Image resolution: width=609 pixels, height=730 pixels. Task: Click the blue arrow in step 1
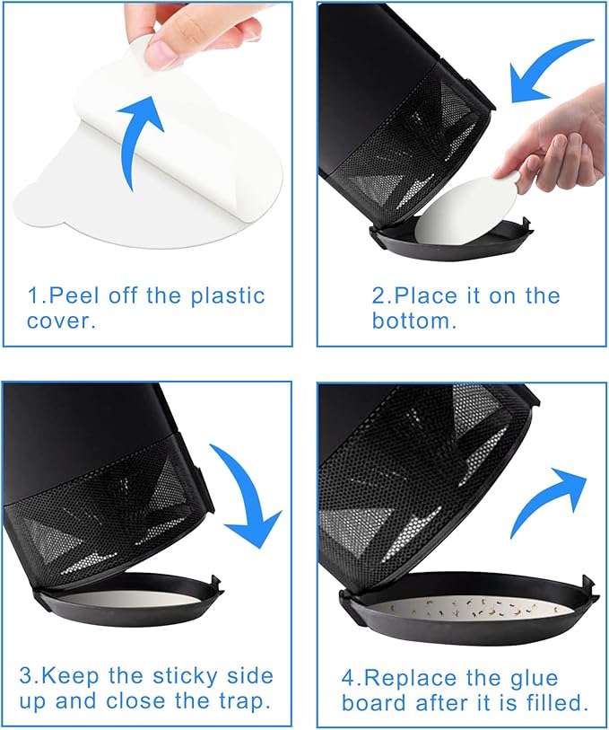[x=135, y=140]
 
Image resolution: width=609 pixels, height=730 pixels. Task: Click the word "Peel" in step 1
[x=74, y=295]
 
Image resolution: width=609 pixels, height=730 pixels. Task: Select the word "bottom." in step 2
[x=414, y=321]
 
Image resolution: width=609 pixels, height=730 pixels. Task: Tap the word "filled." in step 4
[x=559, y=702]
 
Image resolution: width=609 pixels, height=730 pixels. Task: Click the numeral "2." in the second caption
[x=382, y=296]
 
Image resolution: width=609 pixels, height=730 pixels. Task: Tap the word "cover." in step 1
[x=61, y=321]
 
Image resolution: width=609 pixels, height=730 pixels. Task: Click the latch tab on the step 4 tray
[x=587, y=583]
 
